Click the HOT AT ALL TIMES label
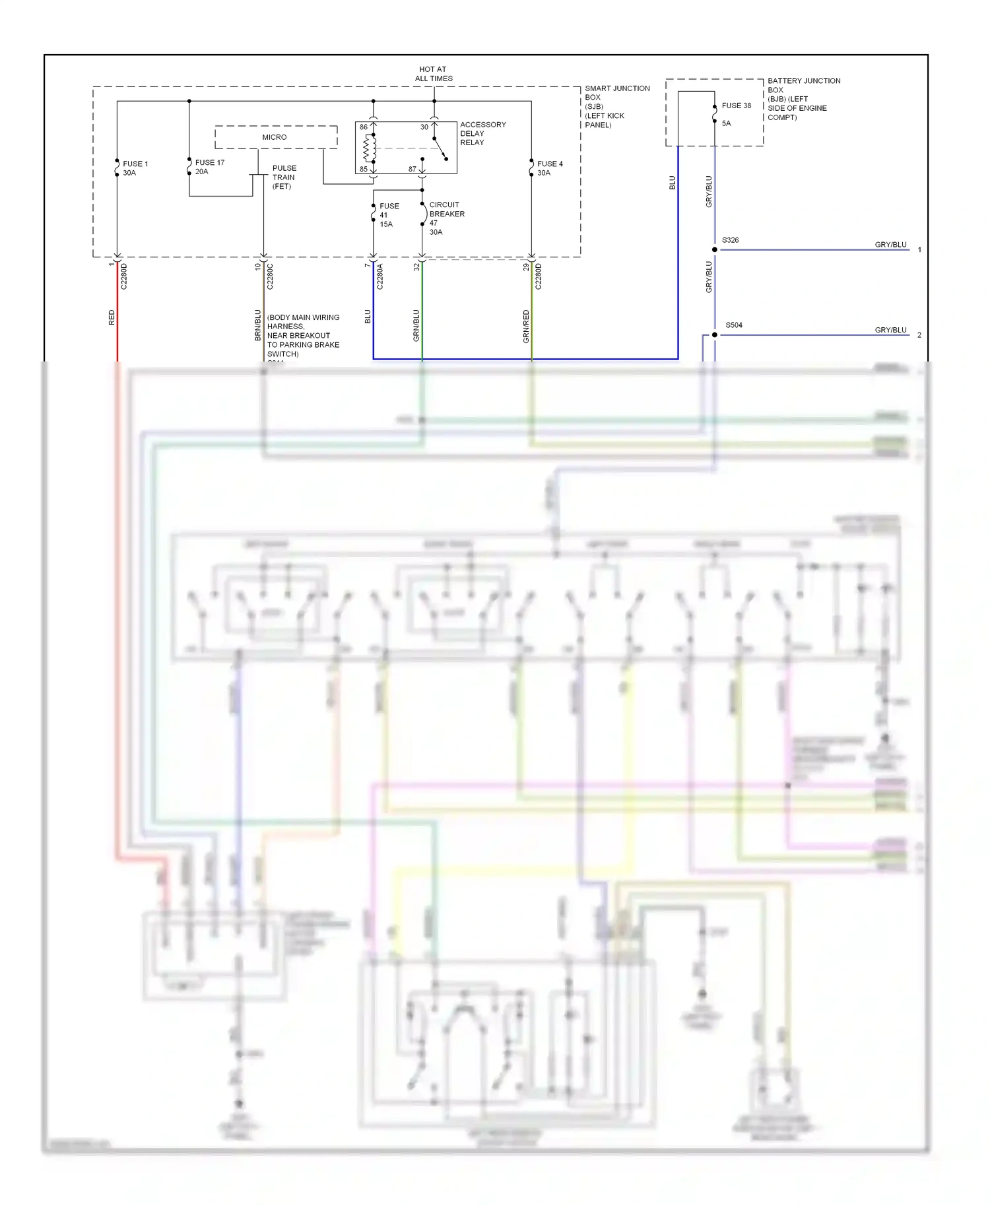coord(434,74)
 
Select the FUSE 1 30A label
coord(135,168)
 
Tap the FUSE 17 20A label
coord(209,167)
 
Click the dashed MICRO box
coord(275,137)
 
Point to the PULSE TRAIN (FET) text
coord(284,177)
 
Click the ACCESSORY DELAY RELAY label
coord(482,133)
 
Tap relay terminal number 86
coord(364,127)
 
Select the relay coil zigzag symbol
coord(367,148)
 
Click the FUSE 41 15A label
coord(388,215)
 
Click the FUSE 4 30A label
coord(549,168)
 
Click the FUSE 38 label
coord(736,106)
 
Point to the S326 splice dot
coord(714,249)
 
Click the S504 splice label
coord(733,325)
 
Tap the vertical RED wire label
coord(112,317)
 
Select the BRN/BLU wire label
coord(258,325)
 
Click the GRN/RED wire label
coord(526,326)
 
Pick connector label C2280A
coord(380,276)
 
